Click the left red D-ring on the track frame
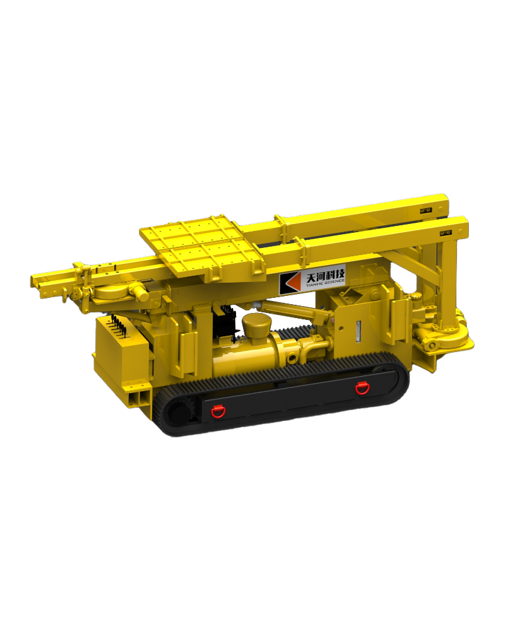coord(218,410)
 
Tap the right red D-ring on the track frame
coord(361,387)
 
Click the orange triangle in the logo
coord(292,282)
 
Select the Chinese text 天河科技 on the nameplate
coord(325,277)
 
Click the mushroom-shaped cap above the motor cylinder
coord(256,326)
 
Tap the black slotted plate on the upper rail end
coord(426,211)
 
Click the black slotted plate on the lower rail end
coord(446,233)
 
